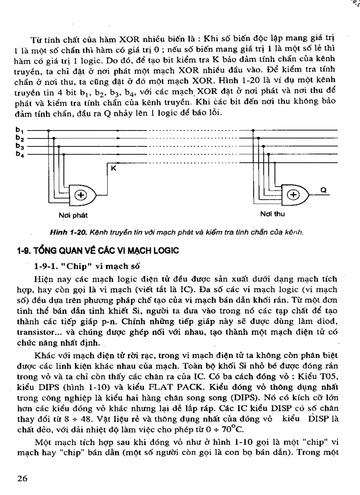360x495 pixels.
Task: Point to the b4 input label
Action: (x=19, y=154)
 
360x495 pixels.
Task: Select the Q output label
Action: (x=322, y=190)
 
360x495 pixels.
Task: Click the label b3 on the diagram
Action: (x=19, y=146)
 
